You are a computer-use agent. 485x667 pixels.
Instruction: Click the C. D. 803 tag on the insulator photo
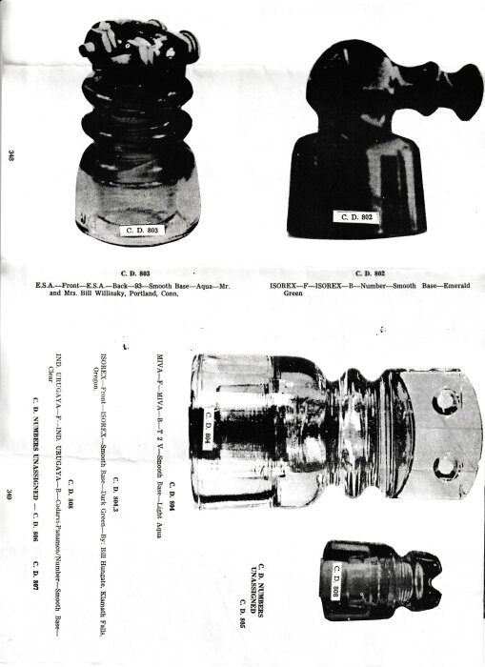[146, 230]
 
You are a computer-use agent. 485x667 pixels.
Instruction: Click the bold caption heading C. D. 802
[373, 273]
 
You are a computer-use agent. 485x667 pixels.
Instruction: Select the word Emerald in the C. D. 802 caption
[452, 285]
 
